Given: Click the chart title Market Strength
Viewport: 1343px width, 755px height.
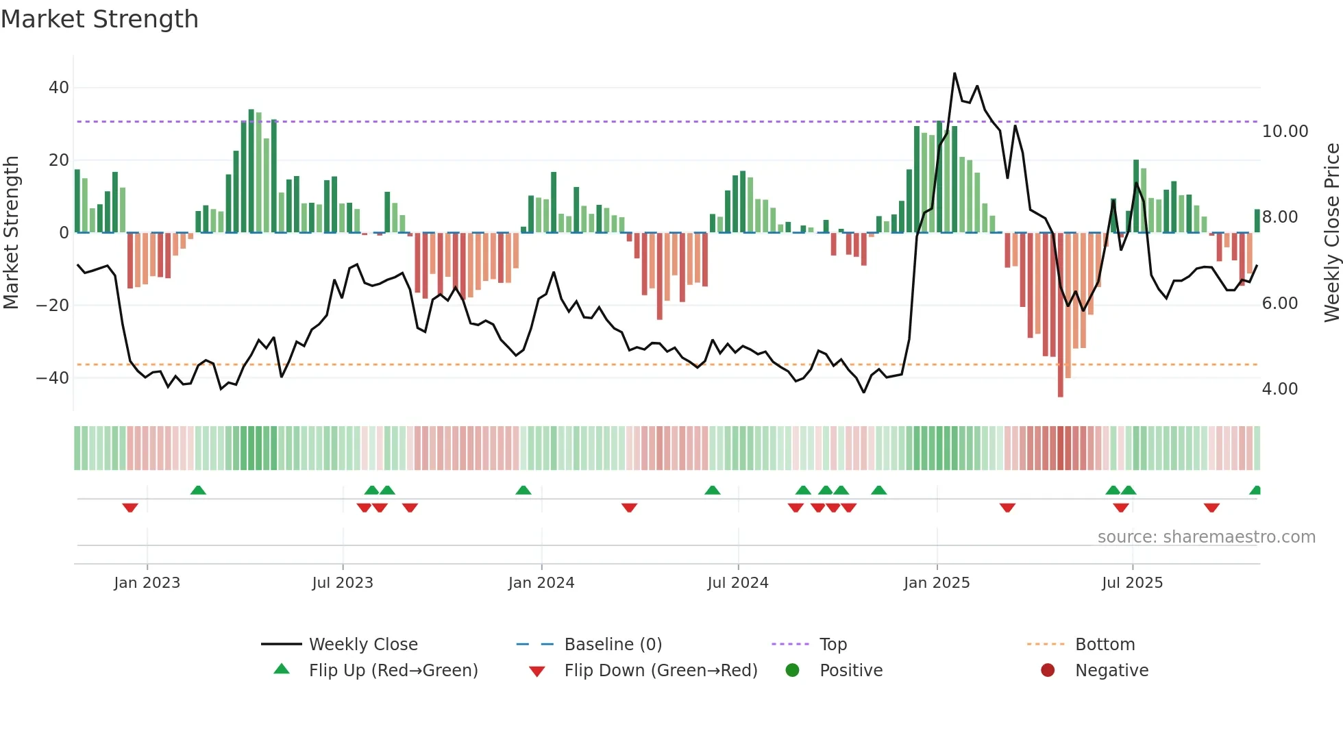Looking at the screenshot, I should tap(99, 19).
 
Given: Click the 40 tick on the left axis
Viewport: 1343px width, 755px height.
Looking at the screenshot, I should tap(59, 88).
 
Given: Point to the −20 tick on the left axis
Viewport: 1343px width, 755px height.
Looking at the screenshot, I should tap(53, 305).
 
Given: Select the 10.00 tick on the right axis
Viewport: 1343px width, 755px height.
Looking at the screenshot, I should tap(1285, 132).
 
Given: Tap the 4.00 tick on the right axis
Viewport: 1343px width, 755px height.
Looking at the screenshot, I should tap(1279, 389).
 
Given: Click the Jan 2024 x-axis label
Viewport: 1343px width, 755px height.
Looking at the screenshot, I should tap(541, 583).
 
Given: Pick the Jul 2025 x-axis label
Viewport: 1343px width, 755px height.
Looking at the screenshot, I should tap(1132, 583).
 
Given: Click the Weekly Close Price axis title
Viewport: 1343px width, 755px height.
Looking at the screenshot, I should tap(1331, 233).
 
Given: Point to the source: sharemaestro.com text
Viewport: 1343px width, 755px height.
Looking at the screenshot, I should tap(1206, 537).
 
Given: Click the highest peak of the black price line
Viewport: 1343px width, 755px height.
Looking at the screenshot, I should tap(954, 74).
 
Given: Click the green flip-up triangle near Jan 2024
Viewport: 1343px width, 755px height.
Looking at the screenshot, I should tap(523, 491).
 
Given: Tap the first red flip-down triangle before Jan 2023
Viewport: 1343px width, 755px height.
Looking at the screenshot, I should tap(130, 508).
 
